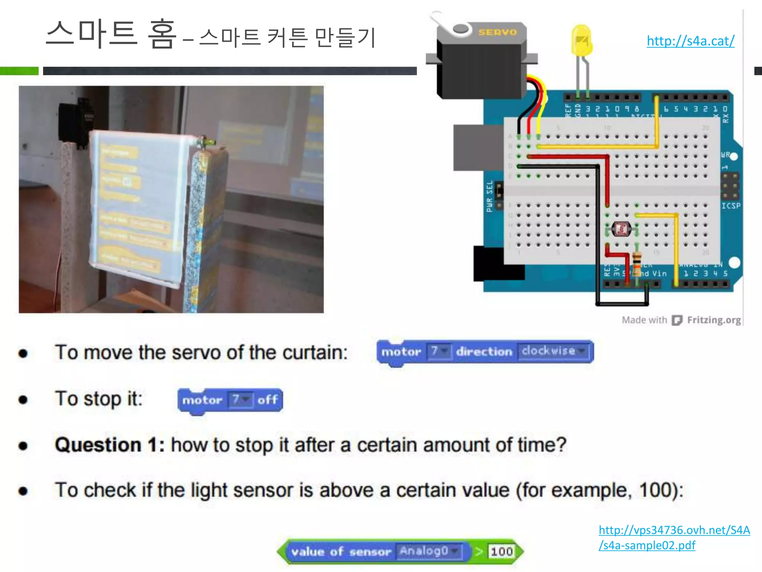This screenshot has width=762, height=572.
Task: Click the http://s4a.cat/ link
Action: pyautogui.click(x=691, y=41)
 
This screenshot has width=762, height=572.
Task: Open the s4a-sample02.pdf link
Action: pyautogui.click(x=674, y=537)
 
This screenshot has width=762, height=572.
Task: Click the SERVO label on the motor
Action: pyautogui.click(x=497, y=32)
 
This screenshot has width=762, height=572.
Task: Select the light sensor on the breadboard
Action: pyautogui.click(x=621, y=229)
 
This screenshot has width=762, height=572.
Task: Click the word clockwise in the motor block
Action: pyautogui.click(x=548, y=351)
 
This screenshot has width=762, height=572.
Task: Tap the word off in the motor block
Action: pyautogui.click(x=268, y=400)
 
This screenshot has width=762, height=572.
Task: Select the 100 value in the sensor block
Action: pyautogui.click(x=501, y=552)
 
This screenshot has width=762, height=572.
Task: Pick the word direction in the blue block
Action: pyautogui.click(x=484, y=352)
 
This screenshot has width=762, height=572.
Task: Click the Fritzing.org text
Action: pyautogui.click(x=714, y=320)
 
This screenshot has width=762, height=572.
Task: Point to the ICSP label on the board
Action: pyautogui.click(x=730, y=206)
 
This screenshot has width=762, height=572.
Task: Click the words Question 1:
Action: pyautogui.click(x=110, y=445)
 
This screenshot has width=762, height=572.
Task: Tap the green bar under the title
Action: pyautogui.click(x=19, y=71)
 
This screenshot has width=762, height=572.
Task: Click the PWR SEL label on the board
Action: pyautogui.click(x=490, y=196)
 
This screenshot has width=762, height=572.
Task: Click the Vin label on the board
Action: pyautogui.click(x=659, y=274)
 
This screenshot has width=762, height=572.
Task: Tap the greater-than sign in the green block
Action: pyautogui.click(x=478, y=552)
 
